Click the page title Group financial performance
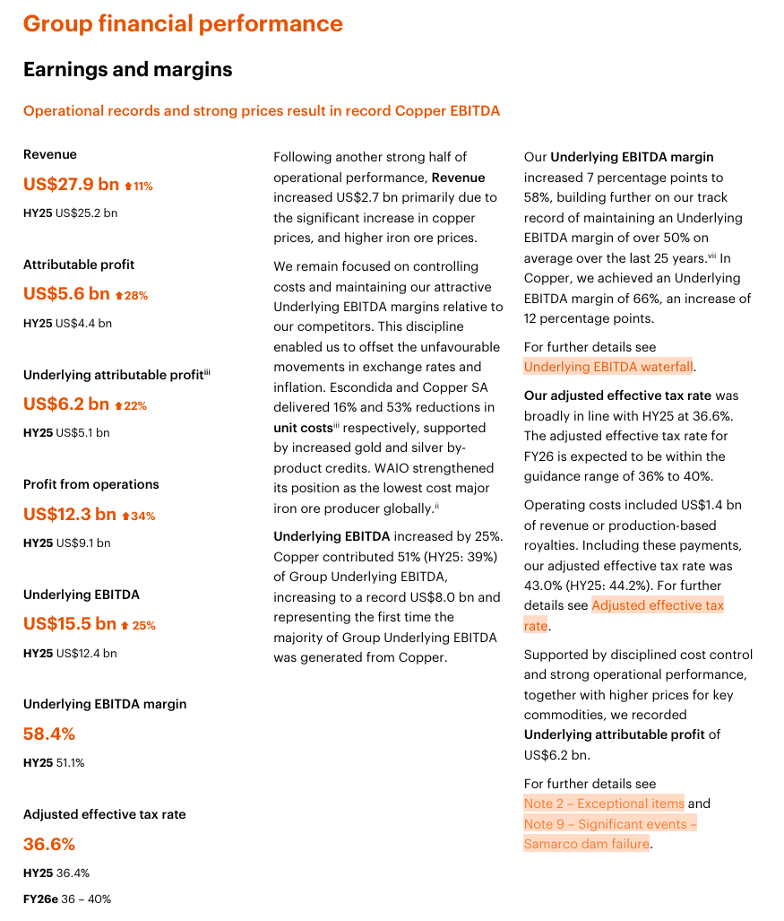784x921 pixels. (183, 23)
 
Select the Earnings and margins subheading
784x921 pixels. (127, 69)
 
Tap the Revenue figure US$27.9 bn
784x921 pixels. (71, 184)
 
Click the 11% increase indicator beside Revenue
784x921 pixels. (139, 186)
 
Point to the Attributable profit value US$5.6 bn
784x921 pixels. (66, 294)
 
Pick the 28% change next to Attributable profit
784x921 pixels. (131, 296)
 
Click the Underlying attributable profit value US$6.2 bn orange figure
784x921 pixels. (66, 404)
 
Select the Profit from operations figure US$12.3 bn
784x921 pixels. (70, 514)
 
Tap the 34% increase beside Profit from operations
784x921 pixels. (138, 516)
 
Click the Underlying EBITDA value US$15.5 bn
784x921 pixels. (70, 623)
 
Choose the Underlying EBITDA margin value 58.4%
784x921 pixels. (49, 734)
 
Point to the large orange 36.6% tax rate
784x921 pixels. (49, 844)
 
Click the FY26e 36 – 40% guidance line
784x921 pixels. (67, 899)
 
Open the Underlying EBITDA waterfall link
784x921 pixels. (608, 366)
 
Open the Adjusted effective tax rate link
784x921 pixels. (658, 606)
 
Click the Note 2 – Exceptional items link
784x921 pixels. (604, 804)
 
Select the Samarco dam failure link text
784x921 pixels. (586, 844)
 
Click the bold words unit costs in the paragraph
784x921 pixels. (303, 428)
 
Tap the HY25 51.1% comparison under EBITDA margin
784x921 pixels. (54, 763)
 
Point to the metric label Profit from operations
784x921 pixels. (91, 484)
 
